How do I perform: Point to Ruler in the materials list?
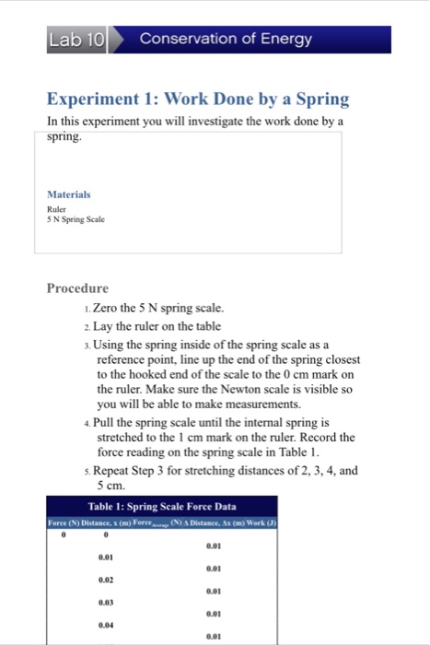(57, 208)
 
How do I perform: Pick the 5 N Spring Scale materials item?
(76, 219)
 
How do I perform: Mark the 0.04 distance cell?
(107, 625)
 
